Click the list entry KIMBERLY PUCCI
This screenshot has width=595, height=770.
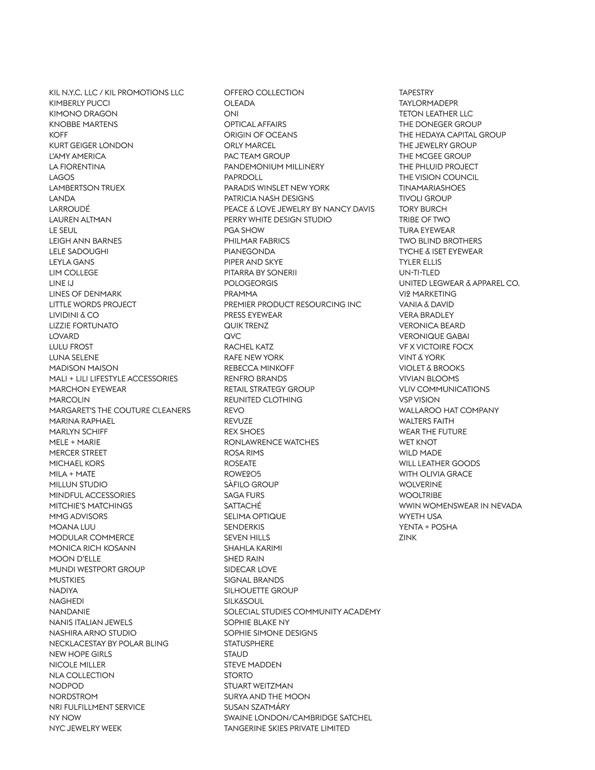79,103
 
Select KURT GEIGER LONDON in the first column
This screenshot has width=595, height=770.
91,145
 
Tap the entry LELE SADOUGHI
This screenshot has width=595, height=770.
79,251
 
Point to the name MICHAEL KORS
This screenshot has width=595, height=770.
77,463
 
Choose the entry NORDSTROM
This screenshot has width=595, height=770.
73,696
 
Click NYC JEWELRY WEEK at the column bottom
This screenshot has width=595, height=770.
85,728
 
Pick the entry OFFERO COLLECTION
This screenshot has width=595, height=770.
264,93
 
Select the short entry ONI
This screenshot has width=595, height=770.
231,114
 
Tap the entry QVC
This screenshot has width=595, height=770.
233,336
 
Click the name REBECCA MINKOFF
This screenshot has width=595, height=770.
259,368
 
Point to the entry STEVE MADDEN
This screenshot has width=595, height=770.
252,664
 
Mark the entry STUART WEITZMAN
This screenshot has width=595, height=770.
258,686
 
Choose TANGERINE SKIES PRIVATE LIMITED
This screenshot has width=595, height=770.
287,728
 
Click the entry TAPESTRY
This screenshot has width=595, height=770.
416,93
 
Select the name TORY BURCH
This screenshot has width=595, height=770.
423,209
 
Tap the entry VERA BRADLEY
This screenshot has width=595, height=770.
426,315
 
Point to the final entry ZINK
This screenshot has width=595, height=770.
408,537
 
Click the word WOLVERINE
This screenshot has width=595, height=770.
420,484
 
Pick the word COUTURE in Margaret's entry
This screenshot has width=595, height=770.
131,410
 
